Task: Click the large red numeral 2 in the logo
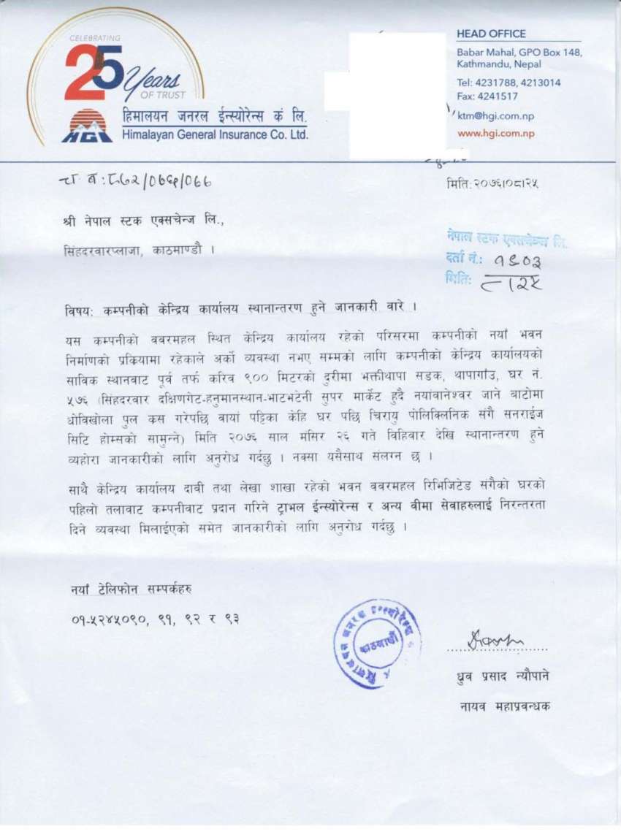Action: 80,73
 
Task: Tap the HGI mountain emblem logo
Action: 86,126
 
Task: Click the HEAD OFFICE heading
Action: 491,34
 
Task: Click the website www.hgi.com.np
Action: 496,134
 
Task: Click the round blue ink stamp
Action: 377,635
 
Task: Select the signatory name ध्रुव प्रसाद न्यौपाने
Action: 502,676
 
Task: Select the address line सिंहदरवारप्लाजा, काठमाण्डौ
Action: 138,249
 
